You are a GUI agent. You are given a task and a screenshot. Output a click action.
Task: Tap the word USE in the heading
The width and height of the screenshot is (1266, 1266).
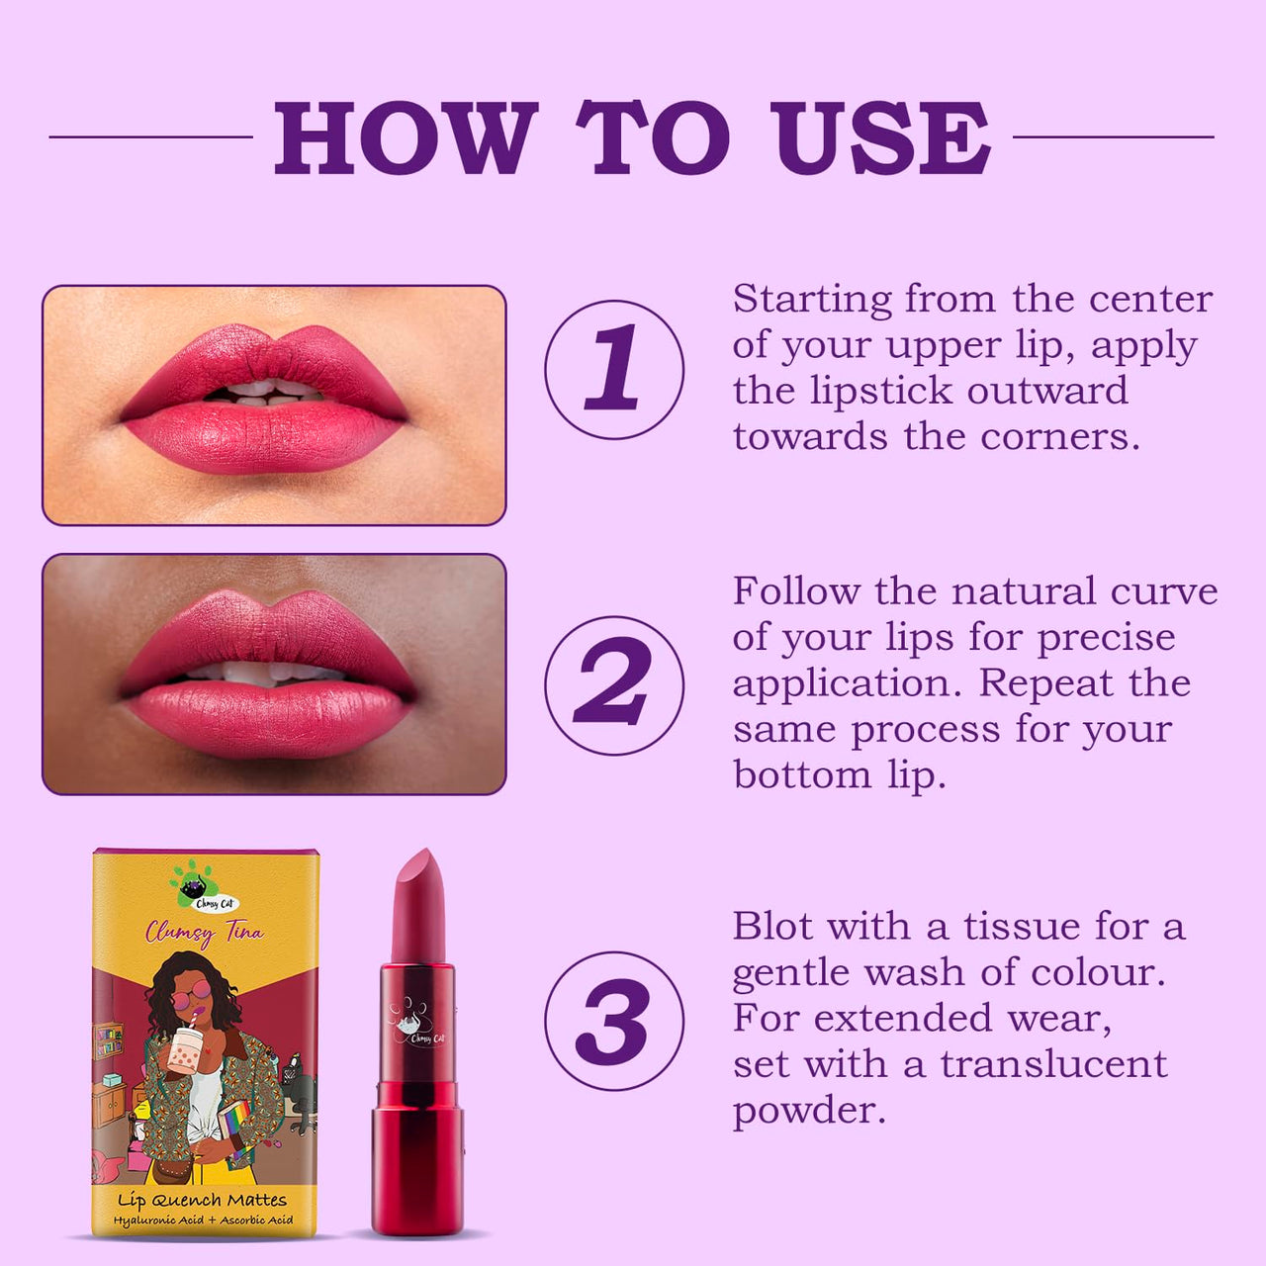click(879, 137)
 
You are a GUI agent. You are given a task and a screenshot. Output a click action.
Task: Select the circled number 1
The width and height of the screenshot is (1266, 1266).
click(613, 369)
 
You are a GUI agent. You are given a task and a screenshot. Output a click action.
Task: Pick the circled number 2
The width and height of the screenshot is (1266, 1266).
click(613, 685)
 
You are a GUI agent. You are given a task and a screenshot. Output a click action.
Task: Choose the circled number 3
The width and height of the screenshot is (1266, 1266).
click(613, 1021)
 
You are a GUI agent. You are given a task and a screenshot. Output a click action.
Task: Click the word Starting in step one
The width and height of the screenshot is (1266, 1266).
click(812, 301)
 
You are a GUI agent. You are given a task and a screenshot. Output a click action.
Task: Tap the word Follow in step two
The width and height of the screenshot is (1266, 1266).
click(796, 591)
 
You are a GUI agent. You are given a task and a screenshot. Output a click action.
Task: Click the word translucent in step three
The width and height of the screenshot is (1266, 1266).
click(1053, 1065)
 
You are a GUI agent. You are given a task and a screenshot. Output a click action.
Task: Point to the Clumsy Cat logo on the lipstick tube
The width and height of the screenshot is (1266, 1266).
click(417, 1023)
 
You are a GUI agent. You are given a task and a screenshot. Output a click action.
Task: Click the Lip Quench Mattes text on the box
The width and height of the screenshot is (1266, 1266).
click(203, 1201)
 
